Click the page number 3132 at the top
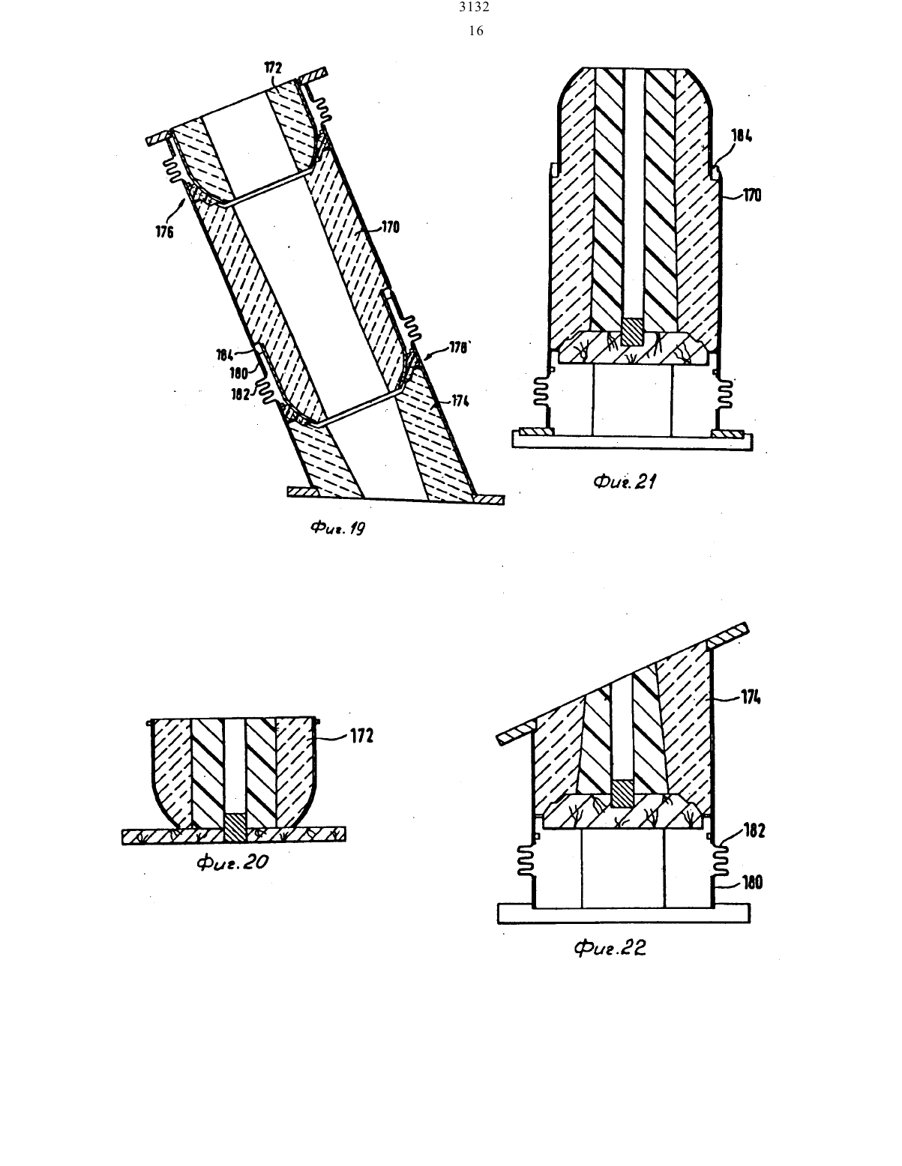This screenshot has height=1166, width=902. pyautogui.click(x=474, y=7)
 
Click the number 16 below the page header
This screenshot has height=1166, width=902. pyautogui.click(x=475, y=31)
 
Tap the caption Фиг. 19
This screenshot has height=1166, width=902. pyautogui.click(x=337, y=528)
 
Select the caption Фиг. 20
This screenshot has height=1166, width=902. pyautogui.click(x=232, y=863)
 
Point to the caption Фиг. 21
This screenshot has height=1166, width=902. pyautogui.click(x=625, y=482)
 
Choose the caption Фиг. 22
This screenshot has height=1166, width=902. pyautogui.click(x=610, y=949)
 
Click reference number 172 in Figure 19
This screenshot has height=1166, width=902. pyautogui.click(x=273, y=67)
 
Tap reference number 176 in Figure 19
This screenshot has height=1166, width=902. pyautogui.click(x=165, y=232)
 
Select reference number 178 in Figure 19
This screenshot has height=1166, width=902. pyautogui.click(x=458, y=348)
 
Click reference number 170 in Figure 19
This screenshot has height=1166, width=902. pyautogui.click(x=391, y=228)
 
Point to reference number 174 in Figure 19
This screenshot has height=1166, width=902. pyautogui.click(x=460, y=401)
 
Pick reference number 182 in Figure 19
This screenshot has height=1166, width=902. pyautogui.click(x=241, y=394)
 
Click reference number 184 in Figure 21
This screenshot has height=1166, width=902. pyautogui.click(x=742, y=136)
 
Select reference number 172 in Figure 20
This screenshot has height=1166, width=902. pyautogui.click(x=362, y=736)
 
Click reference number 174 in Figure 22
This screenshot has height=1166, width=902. pyautogui.click(x=751, y=697)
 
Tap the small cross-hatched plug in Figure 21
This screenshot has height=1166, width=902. pyautogui.click(x=632, y=333)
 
